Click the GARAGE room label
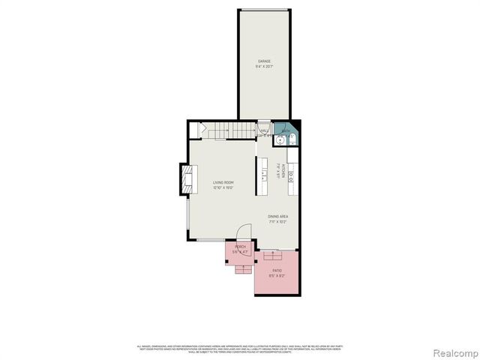tap(264, 61)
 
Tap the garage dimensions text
tap(264, 67)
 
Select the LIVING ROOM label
tap(223, 183)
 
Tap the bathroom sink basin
tap(282, 139)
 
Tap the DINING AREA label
tap(278, 216)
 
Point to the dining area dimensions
tap(278, 222)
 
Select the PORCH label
tap(240, 247)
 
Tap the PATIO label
tap(277, 269)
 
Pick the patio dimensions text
tap(277, 275)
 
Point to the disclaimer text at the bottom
tap(239, 348)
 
